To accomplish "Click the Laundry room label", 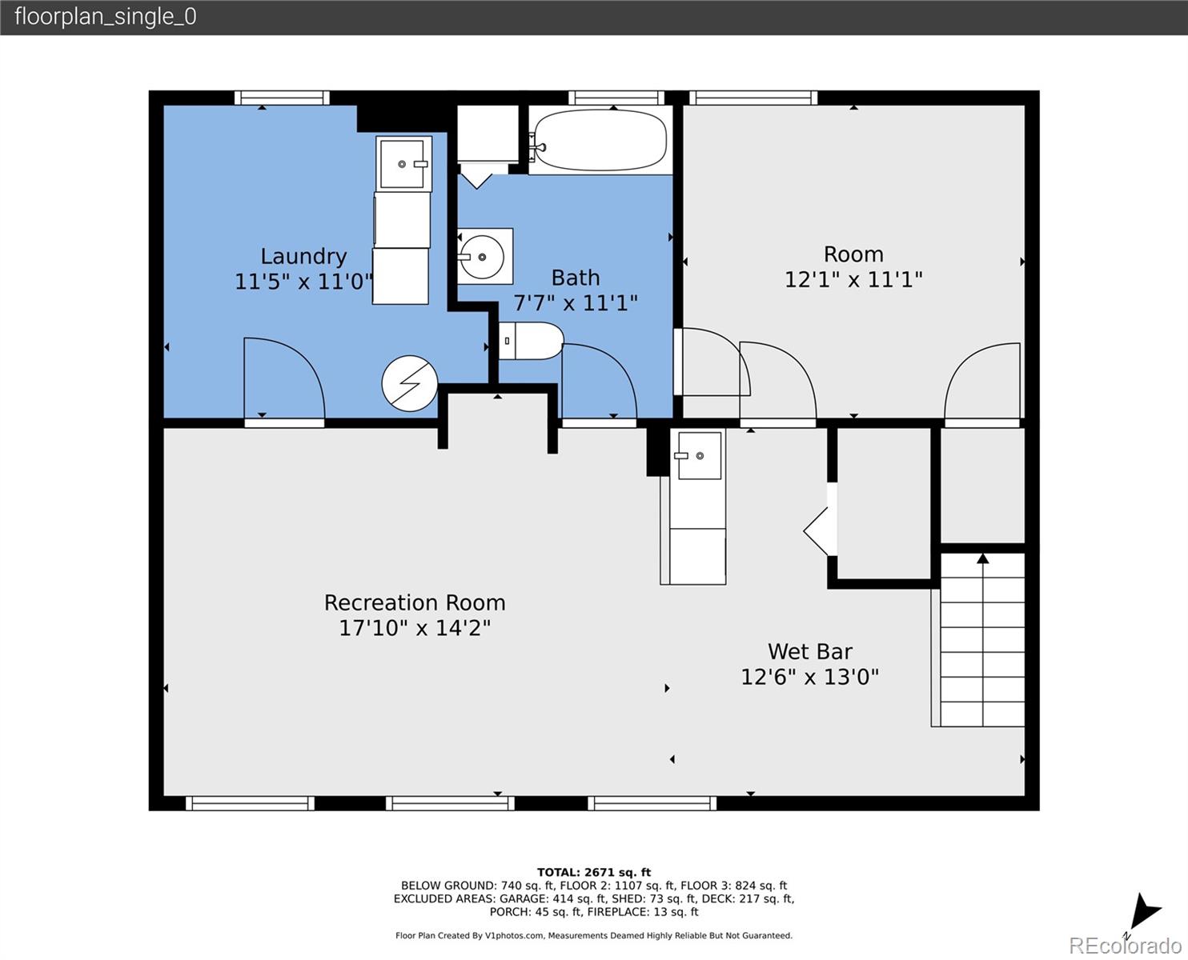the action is coord(303,256).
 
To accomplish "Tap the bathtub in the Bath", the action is coord(600,140).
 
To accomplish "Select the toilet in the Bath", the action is coord(531,341).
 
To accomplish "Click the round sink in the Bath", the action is coord(482,257).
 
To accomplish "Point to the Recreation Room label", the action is coord(415,603).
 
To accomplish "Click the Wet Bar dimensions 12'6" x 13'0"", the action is coord(810,677).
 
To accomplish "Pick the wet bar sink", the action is coord(699,455).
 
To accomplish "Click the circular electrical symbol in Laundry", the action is coord(410,383).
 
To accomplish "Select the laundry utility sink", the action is coord(403,164).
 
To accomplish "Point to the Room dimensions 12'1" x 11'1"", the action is coord(853,279).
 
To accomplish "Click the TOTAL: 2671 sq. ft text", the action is coord(594,873).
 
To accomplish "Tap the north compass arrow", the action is coord(1144,913).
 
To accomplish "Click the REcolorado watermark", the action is coord(1125,946).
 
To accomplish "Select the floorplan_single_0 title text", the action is coord(106,17).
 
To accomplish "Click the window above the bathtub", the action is coord(616,98).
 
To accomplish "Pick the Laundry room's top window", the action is coord(282,98).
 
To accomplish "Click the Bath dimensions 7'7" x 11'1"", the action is coord(575,303).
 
